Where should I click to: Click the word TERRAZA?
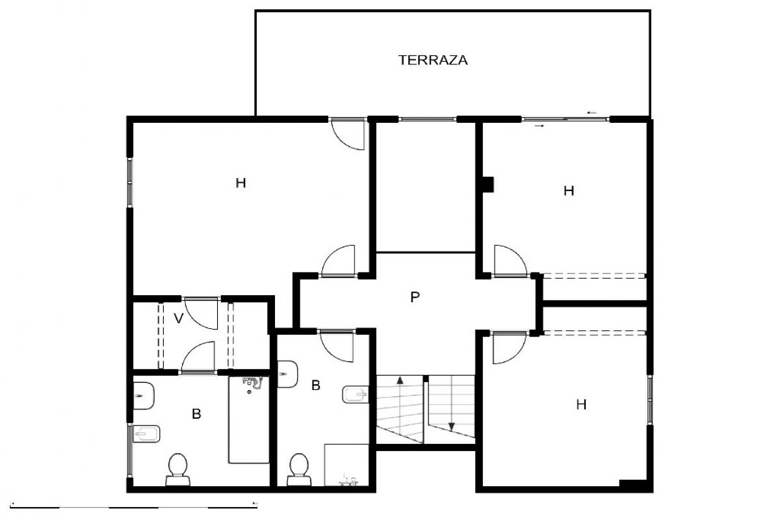click(433, 60)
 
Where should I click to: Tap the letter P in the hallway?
click(415, 297)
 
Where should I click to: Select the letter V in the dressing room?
click(179, 318)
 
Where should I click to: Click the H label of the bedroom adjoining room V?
click(240, 183)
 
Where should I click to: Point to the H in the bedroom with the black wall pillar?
click(569, 191)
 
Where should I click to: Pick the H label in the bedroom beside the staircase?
click(581, 405)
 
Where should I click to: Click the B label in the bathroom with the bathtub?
click(196, 414)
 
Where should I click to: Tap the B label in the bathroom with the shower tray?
click(316, 385)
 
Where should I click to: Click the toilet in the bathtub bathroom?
click(178, 469)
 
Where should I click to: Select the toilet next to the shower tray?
click(299, 469)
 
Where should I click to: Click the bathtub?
click(248, 420)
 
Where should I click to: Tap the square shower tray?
click(346, 465)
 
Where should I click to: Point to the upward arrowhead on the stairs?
click(400, 380)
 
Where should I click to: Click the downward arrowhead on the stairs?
click(452, 426)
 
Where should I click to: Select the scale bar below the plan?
click(134, 508)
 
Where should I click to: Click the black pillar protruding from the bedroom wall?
click(488, 185)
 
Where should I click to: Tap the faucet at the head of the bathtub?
click(253, 383)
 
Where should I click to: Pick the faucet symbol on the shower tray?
click(348, 480)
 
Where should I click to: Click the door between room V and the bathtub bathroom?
click(198, 357)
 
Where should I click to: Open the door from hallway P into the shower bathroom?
click(337, 346)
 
